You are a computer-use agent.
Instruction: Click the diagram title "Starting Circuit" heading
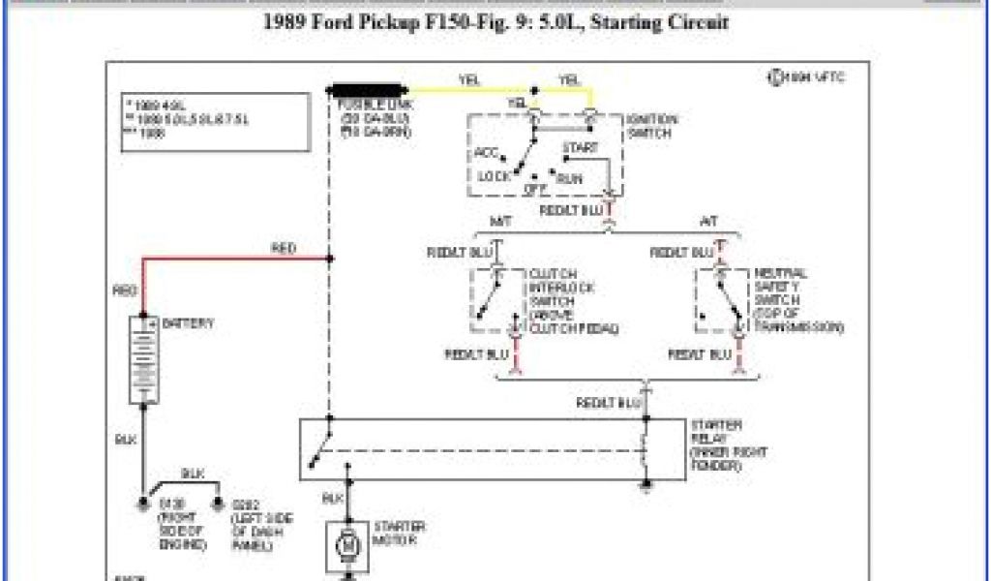[x=495, y=21]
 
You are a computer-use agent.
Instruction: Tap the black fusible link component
[x=367, y=89]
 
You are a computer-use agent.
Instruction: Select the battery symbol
[x=144, y=358]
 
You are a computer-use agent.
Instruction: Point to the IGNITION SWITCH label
[x=651, y=126]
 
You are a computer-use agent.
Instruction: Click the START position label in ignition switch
[x=579, y=148]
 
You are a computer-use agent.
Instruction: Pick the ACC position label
[x=486, y=153]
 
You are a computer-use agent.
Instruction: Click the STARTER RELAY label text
[x=716, y=445]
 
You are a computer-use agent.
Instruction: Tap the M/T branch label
[x=499, y=222]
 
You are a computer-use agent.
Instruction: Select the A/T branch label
[x=708, y=222]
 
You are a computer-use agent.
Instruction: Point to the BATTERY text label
[x=189, y=322]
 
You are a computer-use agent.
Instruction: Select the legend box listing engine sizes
[x=217, y=121]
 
